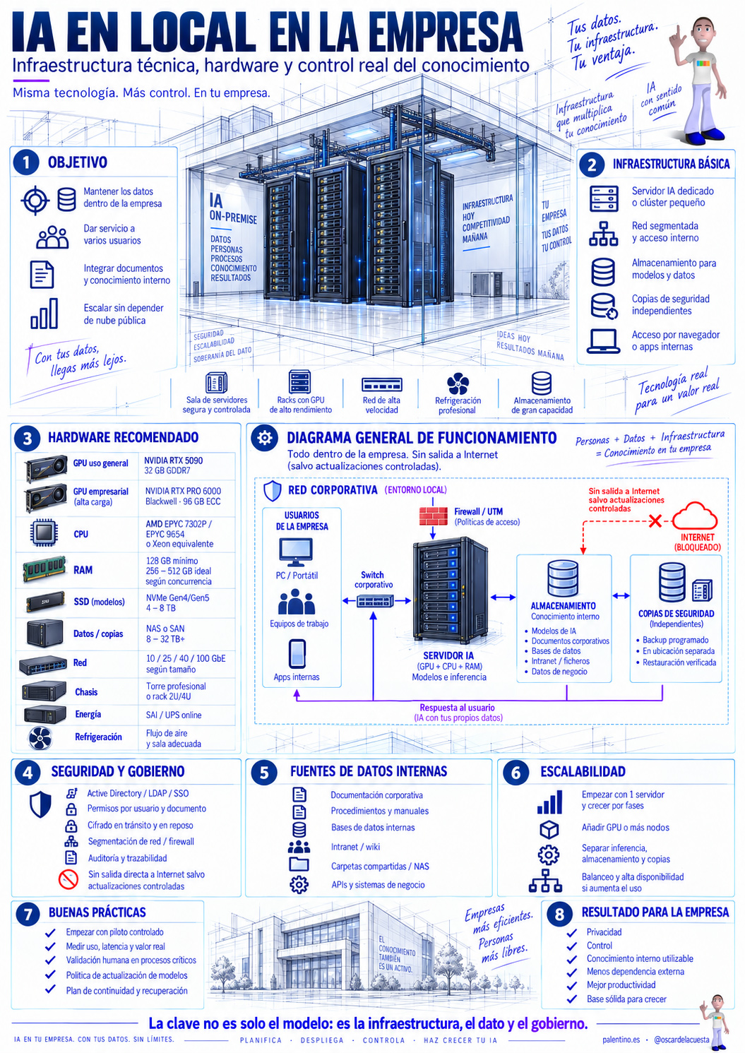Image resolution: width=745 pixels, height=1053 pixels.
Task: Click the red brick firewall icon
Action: coord(433,516)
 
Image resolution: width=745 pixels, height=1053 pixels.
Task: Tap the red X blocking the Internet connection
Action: coord(655,520)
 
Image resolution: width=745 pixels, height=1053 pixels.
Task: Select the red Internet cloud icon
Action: coord(694,516)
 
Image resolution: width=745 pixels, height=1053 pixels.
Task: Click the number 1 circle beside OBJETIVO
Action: coord(26,162)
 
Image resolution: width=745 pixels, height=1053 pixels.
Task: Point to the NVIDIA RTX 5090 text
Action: coord(174,460)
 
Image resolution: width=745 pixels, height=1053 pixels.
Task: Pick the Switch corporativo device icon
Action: coord(374,601)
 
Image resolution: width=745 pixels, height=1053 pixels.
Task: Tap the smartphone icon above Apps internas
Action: coord(297,653)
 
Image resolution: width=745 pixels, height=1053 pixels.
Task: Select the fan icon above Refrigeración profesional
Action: coord(458,383)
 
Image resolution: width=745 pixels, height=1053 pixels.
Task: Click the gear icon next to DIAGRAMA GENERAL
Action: coord(265,438)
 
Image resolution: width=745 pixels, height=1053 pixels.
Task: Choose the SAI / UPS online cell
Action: coord(174,715)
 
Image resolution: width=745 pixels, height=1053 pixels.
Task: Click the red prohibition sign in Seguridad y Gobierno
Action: coord(68,879)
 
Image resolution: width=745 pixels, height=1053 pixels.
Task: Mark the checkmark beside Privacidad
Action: coord(571,932)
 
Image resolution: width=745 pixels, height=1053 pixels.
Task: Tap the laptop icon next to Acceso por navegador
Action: coord(603,341)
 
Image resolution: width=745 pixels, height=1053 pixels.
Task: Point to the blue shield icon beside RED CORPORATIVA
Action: coord(272,491)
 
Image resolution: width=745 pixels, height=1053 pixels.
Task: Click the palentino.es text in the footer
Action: coord(621,1040)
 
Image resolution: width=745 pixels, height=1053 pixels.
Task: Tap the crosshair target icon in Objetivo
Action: coord(35,201)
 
